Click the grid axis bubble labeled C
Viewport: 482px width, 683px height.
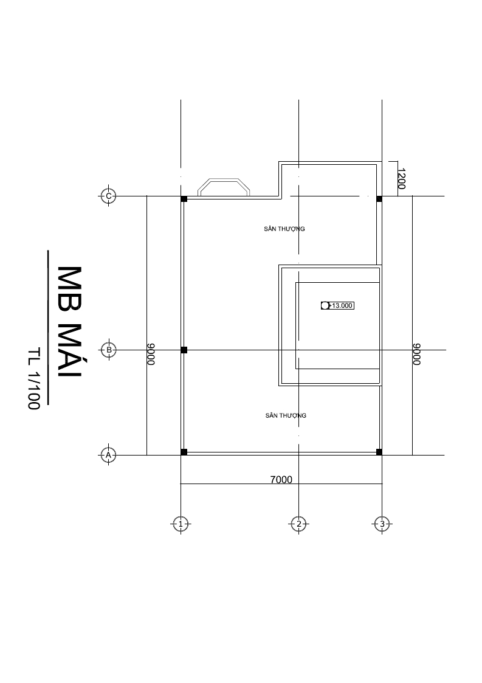pyautogui.click(x=108, y=196)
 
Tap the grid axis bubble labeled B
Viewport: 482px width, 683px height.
pyautogui.click(x=108, y=350)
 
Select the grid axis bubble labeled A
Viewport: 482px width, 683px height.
pyautogui.click(x=108, y=455)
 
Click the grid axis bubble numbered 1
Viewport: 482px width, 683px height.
pyautogui.click(x=181, y=524)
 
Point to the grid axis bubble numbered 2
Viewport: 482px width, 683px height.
pyautogui.click(x=298, y=524)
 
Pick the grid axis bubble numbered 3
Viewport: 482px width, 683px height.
pyautogui.click(x=382, y=524)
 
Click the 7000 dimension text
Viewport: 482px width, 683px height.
pyautogui.click(x=281, y=480)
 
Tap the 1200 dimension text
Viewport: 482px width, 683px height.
pyautogui.click(x=401, y=179)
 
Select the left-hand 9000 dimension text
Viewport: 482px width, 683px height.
pyautogui.click(x=151, y=354)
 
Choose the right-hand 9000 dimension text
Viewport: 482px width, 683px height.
pyautogui.click(x=417, y=354)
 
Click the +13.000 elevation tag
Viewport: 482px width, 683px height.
pyautogui.click(x=337, y=306)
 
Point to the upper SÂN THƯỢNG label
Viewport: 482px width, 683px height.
pyautogui.click(x=284, y=229)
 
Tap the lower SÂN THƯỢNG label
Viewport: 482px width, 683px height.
pyautogui.click(x=286, y=415)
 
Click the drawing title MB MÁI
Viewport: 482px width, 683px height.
pyautogui.click(x=70, y=323)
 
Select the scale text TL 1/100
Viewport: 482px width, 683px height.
pyautogui.click(x=33, y=378)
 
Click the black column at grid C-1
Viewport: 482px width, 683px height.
pyautogui.click(x=184, y=199)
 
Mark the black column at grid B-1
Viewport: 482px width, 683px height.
pyautogui.click(x=184, y=350)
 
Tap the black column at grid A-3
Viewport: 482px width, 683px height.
pyautogui.click(x=379, y=452)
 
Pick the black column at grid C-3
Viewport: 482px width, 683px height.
pyautogui.click(x=379, y=199)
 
